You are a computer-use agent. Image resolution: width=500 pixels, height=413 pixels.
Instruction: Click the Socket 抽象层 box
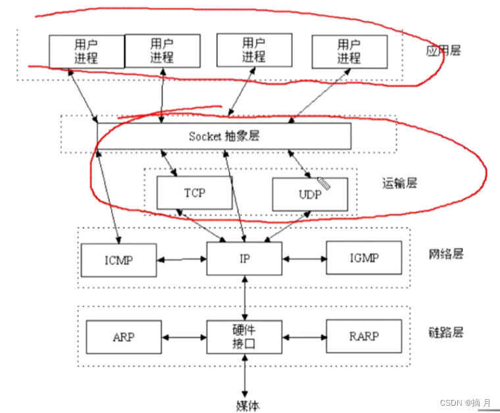point(224,136)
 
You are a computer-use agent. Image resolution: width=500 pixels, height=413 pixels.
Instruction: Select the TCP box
point(195,194)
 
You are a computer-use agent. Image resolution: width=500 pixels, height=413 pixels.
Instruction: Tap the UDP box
point(310,194)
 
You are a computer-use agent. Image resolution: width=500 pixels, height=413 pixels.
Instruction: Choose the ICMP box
point(118,259)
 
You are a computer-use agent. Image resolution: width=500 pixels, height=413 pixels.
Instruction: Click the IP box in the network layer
point(244,258)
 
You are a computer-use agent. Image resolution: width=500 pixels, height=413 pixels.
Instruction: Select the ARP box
point(123,337)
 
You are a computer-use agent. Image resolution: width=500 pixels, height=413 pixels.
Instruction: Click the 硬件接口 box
point(244,337)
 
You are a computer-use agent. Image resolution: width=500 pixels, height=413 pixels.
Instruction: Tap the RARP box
point(364,337)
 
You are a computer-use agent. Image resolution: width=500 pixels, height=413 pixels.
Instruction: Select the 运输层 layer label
point(399,183)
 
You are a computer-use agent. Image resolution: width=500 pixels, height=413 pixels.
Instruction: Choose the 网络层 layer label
point(445,254)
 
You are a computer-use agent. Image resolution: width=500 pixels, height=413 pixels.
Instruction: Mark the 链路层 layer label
point(445,332)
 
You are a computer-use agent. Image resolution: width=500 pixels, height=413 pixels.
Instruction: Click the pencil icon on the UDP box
point(324,182)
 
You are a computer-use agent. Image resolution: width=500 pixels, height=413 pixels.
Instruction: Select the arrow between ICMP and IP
point(182,259)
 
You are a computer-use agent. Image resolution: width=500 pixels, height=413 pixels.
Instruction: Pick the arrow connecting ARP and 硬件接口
point(184,337)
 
